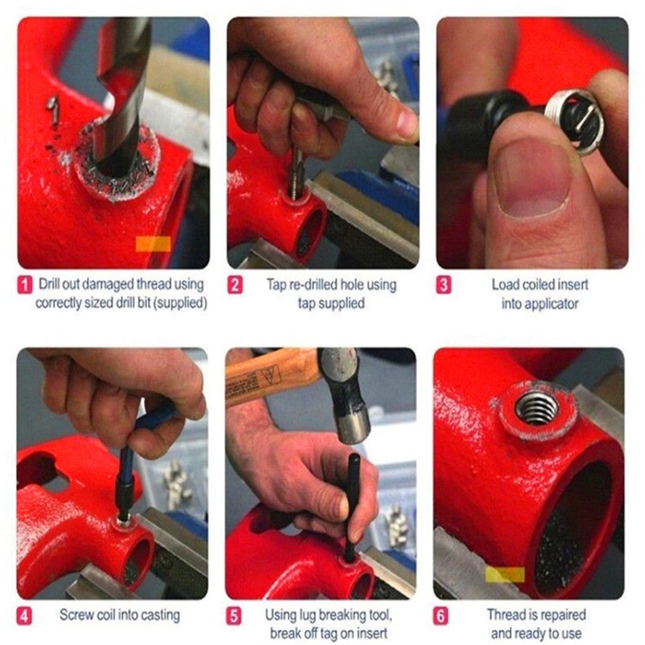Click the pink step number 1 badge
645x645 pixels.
pyautogui.click(x=25, y=285)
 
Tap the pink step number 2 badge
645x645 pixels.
pyautogui.click(x=235, y=285)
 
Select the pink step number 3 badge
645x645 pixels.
pyautogui.click(x=444, y=285)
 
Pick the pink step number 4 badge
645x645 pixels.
pyautogui.click(x=24, y=616)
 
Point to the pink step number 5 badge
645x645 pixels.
pyautogui.click(x=234, y=616)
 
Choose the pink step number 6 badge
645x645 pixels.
pyautogui.click(x=440, y=616)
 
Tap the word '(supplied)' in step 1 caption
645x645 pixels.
pyautogui.click(x=182, y=304)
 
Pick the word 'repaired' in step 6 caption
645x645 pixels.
pyautogui.click(x=562, y=615)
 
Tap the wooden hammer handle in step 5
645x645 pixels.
pyautogui.click(x=272, y=374)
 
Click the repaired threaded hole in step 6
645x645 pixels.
pyautogui.click(x=537, y=408)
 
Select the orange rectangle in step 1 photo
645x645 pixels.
pyautogui.click(x=153, y=244)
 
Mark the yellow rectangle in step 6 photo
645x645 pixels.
pyautogui.click(x=505, y=574)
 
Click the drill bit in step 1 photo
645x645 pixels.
pyautogui.click(x=122, y=95)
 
